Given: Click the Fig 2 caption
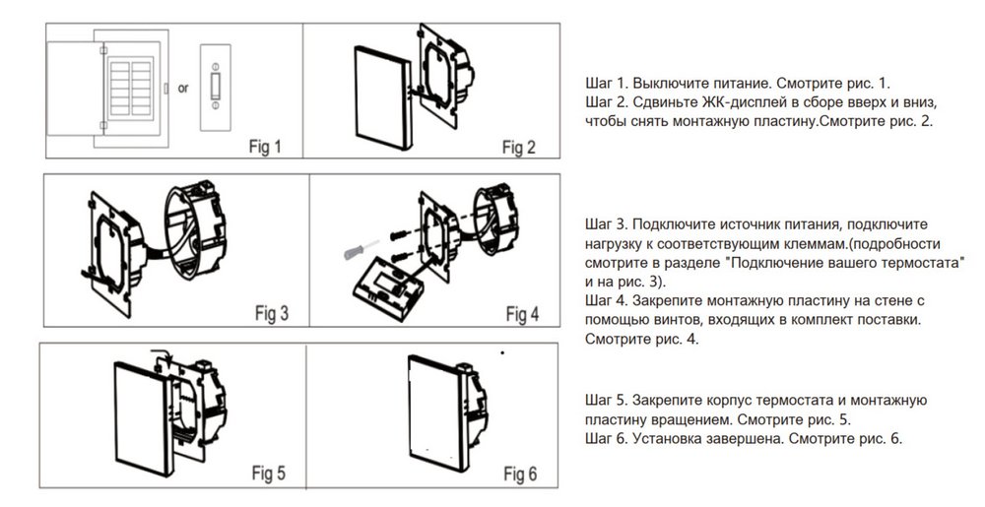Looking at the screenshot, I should [518, 148].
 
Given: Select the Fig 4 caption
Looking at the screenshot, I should [522, 314].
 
